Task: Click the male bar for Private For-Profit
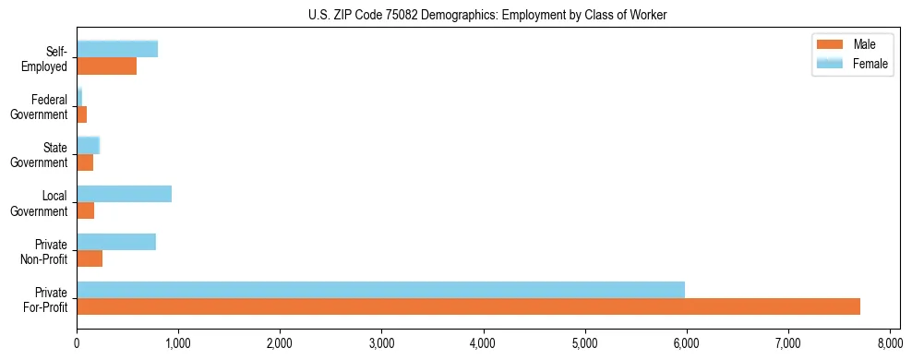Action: (x=468, y=306)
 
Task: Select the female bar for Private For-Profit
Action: (x=380, y=290)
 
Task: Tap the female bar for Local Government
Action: (x=124, y=194)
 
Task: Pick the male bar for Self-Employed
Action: (x=106, y=66)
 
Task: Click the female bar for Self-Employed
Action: (x=117, y=49)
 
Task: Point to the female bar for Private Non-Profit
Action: (x=116, y=242)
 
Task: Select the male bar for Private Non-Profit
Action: (x=90, y=258)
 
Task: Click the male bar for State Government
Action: (x=85, y=162)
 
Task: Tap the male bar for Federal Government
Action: (x=81, y=114)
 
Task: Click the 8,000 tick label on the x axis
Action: (x=889, y=343)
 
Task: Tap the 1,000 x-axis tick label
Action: (x=178, y=343)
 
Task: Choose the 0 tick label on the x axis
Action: (x=77, y=343)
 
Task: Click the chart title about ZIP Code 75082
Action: (x=487, y=16)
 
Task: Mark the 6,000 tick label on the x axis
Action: (x=686, y=343)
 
